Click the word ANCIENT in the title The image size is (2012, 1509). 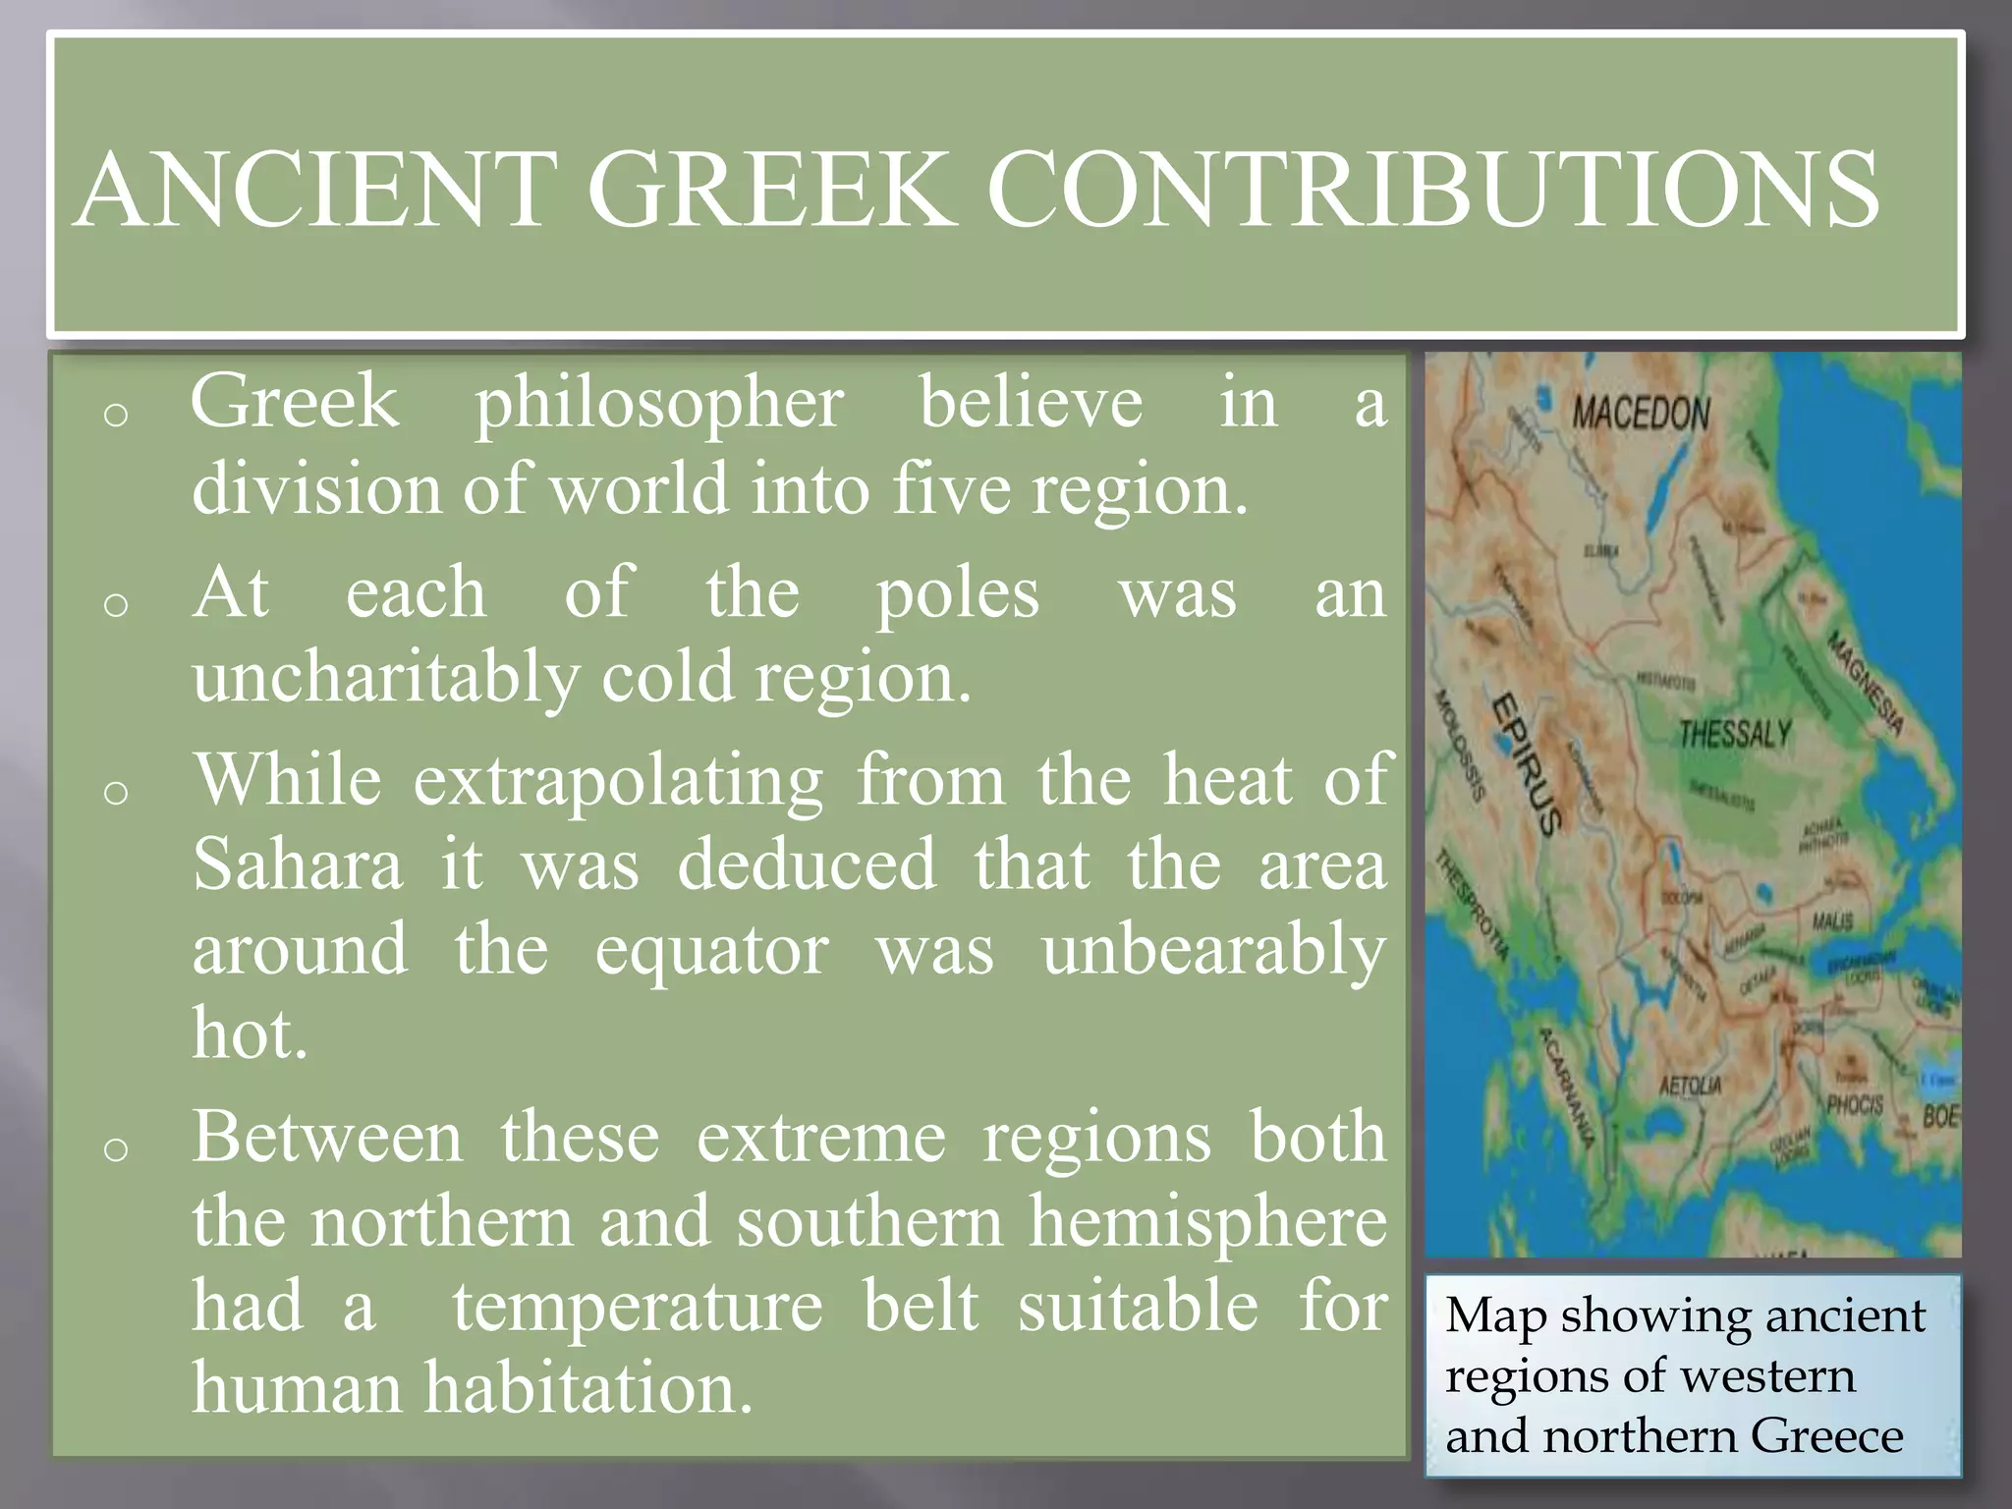click(312, 189)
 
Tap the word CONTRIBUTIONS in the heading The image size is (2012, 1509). click(1432, 189)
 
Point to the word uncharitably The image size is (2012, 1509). click(386, 679)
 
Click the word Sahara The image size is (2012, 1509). click(298, 866)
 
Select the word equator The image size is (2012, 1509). click(712, 951)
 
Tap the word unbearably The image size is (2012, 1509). click(1214, 951)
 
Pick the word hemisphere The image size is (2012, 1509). click(1208, 1223)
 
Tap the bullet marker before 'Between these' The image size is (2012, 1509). click(116, 1148)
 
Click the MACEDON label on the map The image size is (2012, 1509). click(1641, 414)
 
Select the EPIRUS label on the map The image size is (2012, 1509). click(1528, 764)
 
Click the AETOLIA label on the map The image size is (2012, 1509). click(1690, 1086)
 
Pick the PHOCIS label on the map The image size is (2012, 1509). click(1854, 1104)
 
